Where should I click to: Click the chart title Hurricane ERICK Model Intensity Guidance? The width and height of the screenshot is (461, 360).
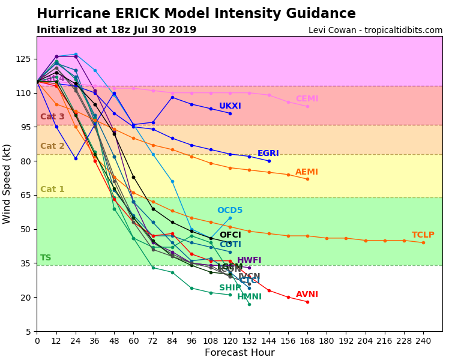pyautogui.click(x=196, y=14)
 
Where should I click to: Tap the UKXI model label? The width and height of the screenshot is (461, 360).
pyautogui.click(x=230, y=106)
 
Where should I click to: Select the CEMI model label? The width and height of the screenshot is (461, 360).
pyautogui.click(x=307, y=99)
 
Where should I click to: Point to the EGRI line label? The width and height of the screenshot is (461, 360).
pyautogui.click(x=268, y=154)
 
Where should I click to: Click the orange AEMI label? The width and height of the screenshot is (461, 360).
pyautogui.click(x=307, y=172)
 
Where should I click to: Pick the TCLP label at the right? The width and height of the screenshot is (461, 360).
pyautogui.click(x=423, y=235)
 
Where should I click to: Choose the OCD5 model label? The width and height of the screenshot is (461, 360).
pyautogui.click(x=230, y=211)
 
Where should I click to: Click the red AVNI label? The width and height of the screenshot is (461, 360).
pyautogui.click(x=307, y=295)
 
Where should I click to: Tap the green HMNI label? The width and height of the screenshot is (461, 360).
pyautogui.click(x=249, y=297)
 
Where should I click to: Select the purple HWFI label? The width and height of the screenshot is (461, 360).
pyautogui.click(x=249, y=260)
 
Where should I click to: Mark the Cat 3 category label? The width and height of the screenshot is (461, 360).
pyautogui.click(x=52, y=117)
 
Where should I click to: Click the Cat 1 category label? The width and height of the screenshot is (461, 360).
pyautogui.click(x=52, y=190)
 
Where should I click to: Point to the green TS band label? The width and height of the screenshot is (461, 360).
pyautogui.click(x=46, y=258)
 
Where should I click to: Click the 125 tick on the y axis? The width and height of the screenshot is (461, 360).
pyautogui.click(x=24, y=59)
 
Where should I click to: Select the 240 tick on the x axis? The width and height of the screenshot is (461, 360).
pyautogui.click(x=423, y=340)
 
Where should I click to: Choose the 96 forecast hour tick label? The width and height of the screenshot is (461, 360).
pyautogui.click(x=191, y=340)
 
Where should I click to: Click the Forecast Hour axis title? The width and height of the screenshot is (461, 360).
pyautogui.click(x=240, y=353)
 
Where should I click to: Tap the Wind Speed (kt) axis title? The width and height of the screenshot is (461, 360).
pyautogui.click(x=7, y=184)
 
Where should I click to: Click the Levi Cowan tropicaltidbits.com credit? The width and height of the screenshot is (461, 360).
pyautogui.click(x=375, y=30)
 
